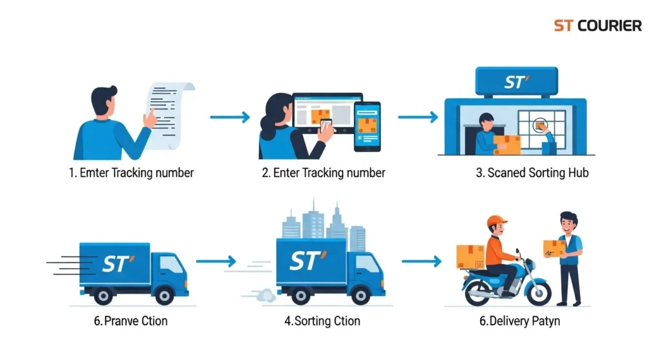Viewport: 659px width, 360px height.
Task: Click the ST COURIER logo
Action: [x=597, y=26]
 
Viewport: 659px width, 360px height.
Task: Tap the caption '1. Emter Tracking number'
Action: [x=131, y=173]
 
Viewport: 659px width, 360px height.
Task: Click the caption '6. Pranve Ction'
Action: [x=131, y=320]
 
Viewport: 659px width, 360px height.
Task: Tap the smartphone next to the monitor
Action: [x=367, y=126]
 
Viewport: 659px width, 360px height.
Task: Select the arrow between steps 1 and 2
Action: [x=230, y=117]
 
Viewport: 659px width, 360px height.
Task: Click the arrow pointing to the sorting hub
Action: [x=418, y=117]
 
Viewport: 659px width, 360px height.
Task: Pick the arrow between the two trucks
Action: [x=216, y=261]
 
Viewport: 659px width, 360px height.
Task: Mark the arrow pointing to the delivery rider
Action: [x=422, y=261]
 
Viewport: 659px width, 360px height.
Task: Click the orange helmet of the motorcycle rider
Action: [x=497, y=222]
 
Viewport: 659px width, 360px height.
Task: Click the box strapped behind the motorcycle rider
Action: [x=470, y=256]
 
